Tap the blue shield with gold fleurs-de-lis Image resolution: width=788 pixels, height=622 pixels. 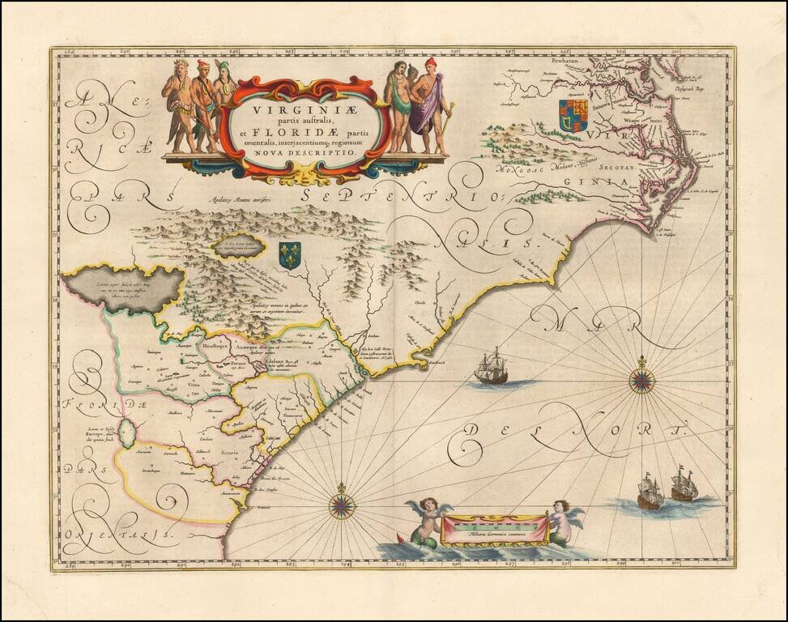coord(289,254)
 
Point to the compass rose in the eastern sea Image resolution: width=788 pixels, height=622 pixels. coord(642,379)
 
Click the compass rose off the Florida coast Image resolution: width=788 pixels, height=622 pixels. coord(342,505)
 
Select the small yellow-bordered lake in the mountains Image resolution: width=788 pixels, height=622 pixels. coord(240,245)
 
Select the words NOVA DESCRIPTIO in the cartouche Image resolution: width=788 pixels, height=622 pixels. coord(305,151)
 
